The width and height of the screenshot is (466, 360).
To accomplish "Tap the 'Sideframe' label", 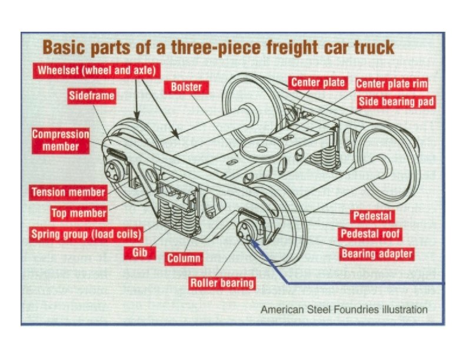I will [x=92, y=95].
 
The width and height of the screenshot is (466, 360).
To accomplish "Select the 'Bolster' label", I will [x=186, y=87].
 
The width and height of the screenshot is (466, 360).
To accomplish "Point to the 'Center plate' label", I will [x=318, y=82].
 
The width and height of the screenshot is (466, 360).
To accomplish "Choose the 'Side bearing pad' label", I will [x=397, y=102].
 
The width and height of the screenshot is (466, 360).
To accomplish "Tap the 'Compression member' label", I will [x=61, y=140].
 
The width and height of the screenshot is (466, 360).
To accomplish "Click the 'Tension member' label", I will [x=68, y=192].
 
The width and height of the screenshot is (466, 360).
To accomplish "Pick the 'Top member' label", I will [x=79, y=213].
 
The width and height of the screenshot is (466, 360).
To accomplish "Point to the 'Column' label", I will [x=184, y=258].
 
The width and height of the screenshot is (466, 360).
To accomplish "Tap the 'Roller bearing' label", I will [x=222, y=283].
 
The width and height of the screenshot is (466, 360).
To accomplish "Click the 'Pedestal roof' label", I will [x=371, y=234].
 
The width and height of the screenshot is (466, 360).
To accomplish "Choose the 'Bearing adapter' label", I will [x=377, y=254].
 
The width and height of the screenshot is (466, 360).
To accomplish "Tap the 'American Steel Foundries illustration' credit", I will [x=344, y=309].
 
